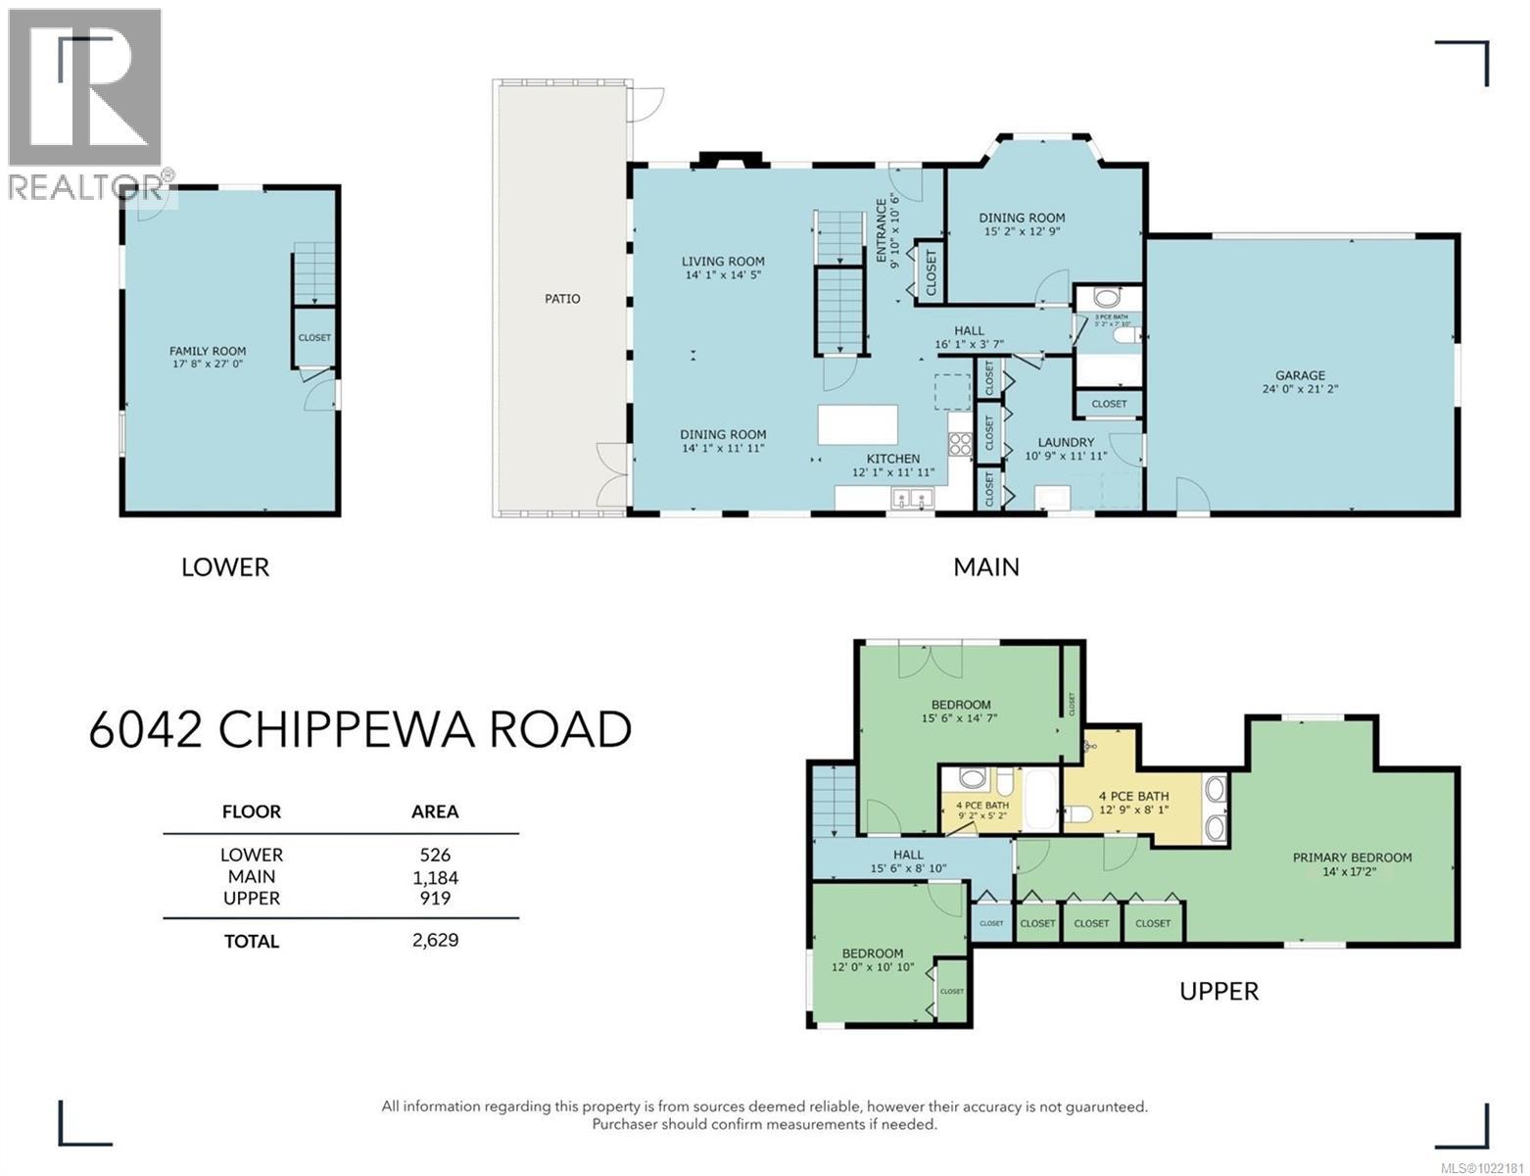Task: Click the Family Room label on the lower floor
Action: (208, 351)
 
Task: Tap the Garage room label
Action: (1300, 375)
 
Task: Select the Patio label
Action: (562, 299)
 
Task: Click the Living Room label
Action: (723, 262)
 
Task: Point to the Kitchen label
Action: (892, 459)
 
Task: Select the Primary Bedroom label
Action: (1352, 857)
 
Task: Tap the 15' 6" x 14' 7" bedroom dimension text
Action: (961, 718)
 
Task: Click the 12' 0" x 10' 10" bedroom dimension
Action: (873, 967)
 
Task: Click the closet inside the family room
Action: (314, 338)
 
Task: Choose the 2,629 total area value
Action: (435, 941)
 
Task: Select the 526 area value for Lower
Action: (435, 855)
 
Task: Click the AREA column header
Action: (435, 811)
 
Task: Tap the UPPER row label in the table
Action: (252, 899)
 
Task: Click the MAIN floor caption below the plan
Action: (986, 567)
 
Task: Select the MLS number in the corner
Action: (1481, 1166)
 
